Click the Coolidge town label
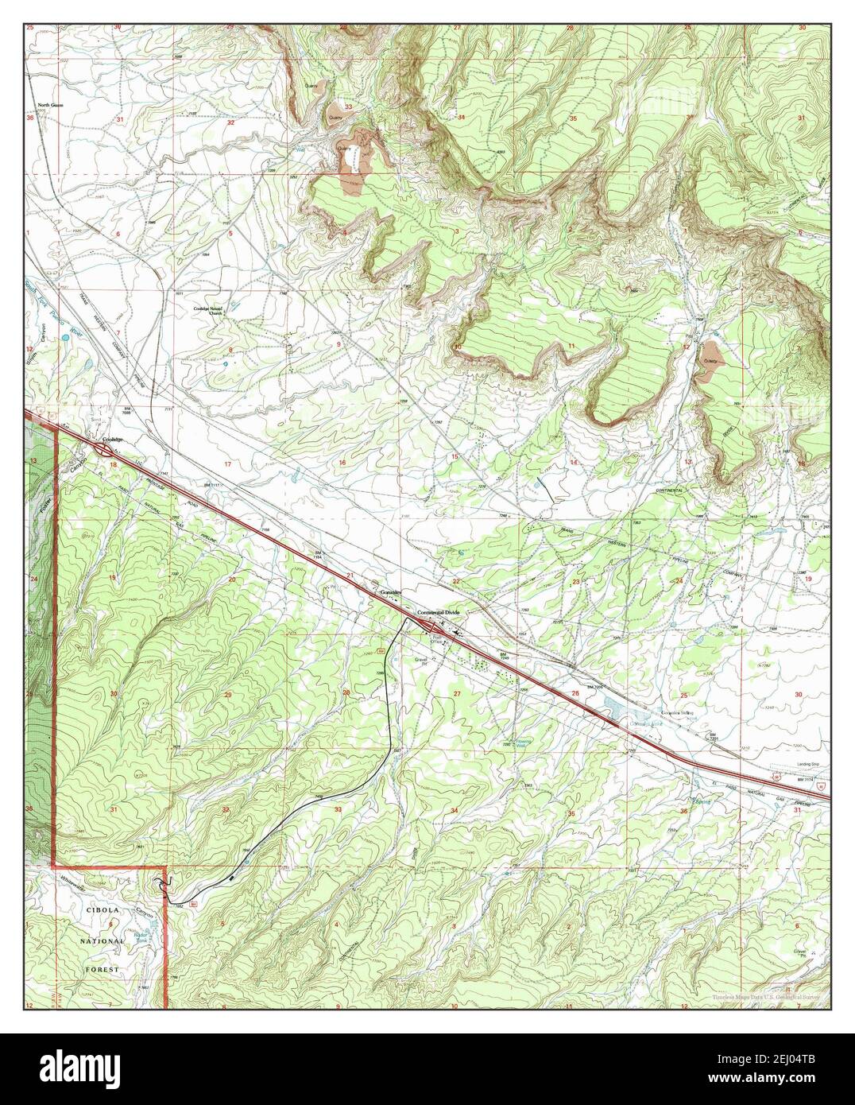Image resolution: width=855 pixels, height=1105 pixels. pos(114,440)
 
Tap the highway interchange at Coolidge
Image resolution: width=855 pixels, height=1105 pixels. pos(104,450)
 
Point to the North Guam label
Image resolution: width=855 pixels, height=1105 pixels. pos(50,105)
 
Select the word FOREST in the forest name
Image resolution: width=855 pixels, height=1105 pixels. pos(104,969)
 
